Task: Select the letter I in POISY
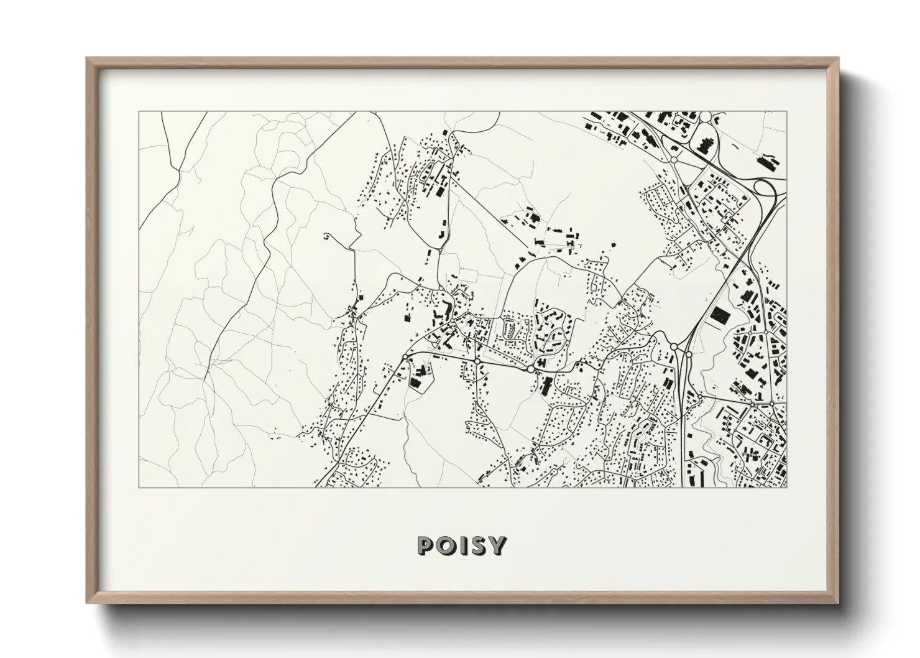(464, 545)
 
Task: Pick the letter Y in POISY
(498, 545)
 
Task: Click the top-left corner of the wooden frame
(86, 58)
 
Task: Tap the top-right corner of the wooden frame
(839, 58)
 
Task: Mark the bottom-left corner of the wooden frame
(86, 603)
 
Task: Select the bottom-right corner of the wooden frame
(839, 603)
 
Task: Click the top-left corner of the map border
(139, 112)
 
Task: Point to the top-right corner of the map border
(786, 112)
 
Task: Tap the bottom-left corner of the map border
(139, 487)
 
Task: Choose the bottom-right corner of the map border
(786, 487)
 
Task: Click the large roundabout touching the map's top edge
(706, 116)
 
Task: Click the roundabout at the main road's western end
(405, 356)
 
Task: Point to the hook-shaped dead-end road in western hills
(328, 236)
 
